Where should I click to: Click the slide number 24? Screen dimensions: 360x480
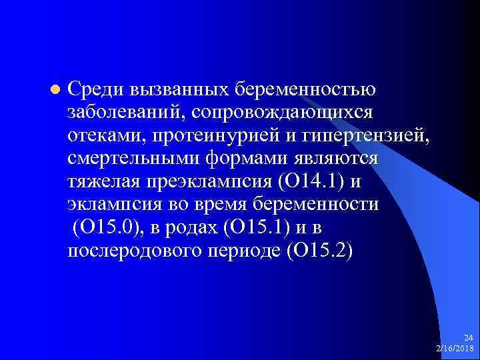[469, 339]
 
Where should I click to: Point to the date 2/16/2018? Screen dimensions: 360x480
[455, 348]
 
